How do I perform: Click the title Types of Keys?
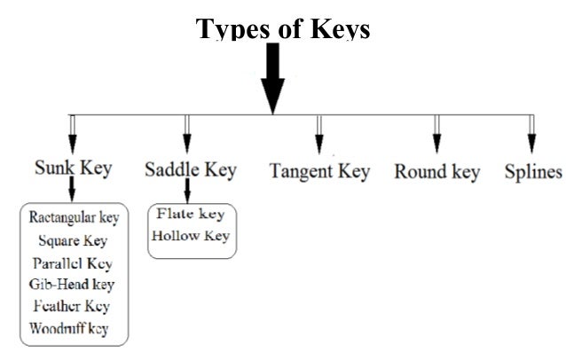(x=282, y=29)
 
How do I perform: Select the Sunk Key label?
(x=72, y=168)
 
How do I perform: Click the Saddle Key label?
(x=189, y=169)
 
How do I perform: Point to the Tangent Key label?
(x=319, y=171)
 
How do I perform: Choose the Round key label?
(x=436, y=171)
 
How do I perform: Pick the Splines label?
(x=532, y=171)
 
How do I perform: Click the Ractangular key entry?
(x=74, y=217)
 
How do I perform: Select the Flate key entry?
(x=192, y=215)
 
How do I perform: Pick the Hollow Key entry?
(x=191, y=236)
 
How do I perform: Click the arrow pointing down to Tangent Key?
(x=318, y=136)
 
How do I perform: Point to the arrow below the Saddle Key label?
(x=188, y=192)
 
